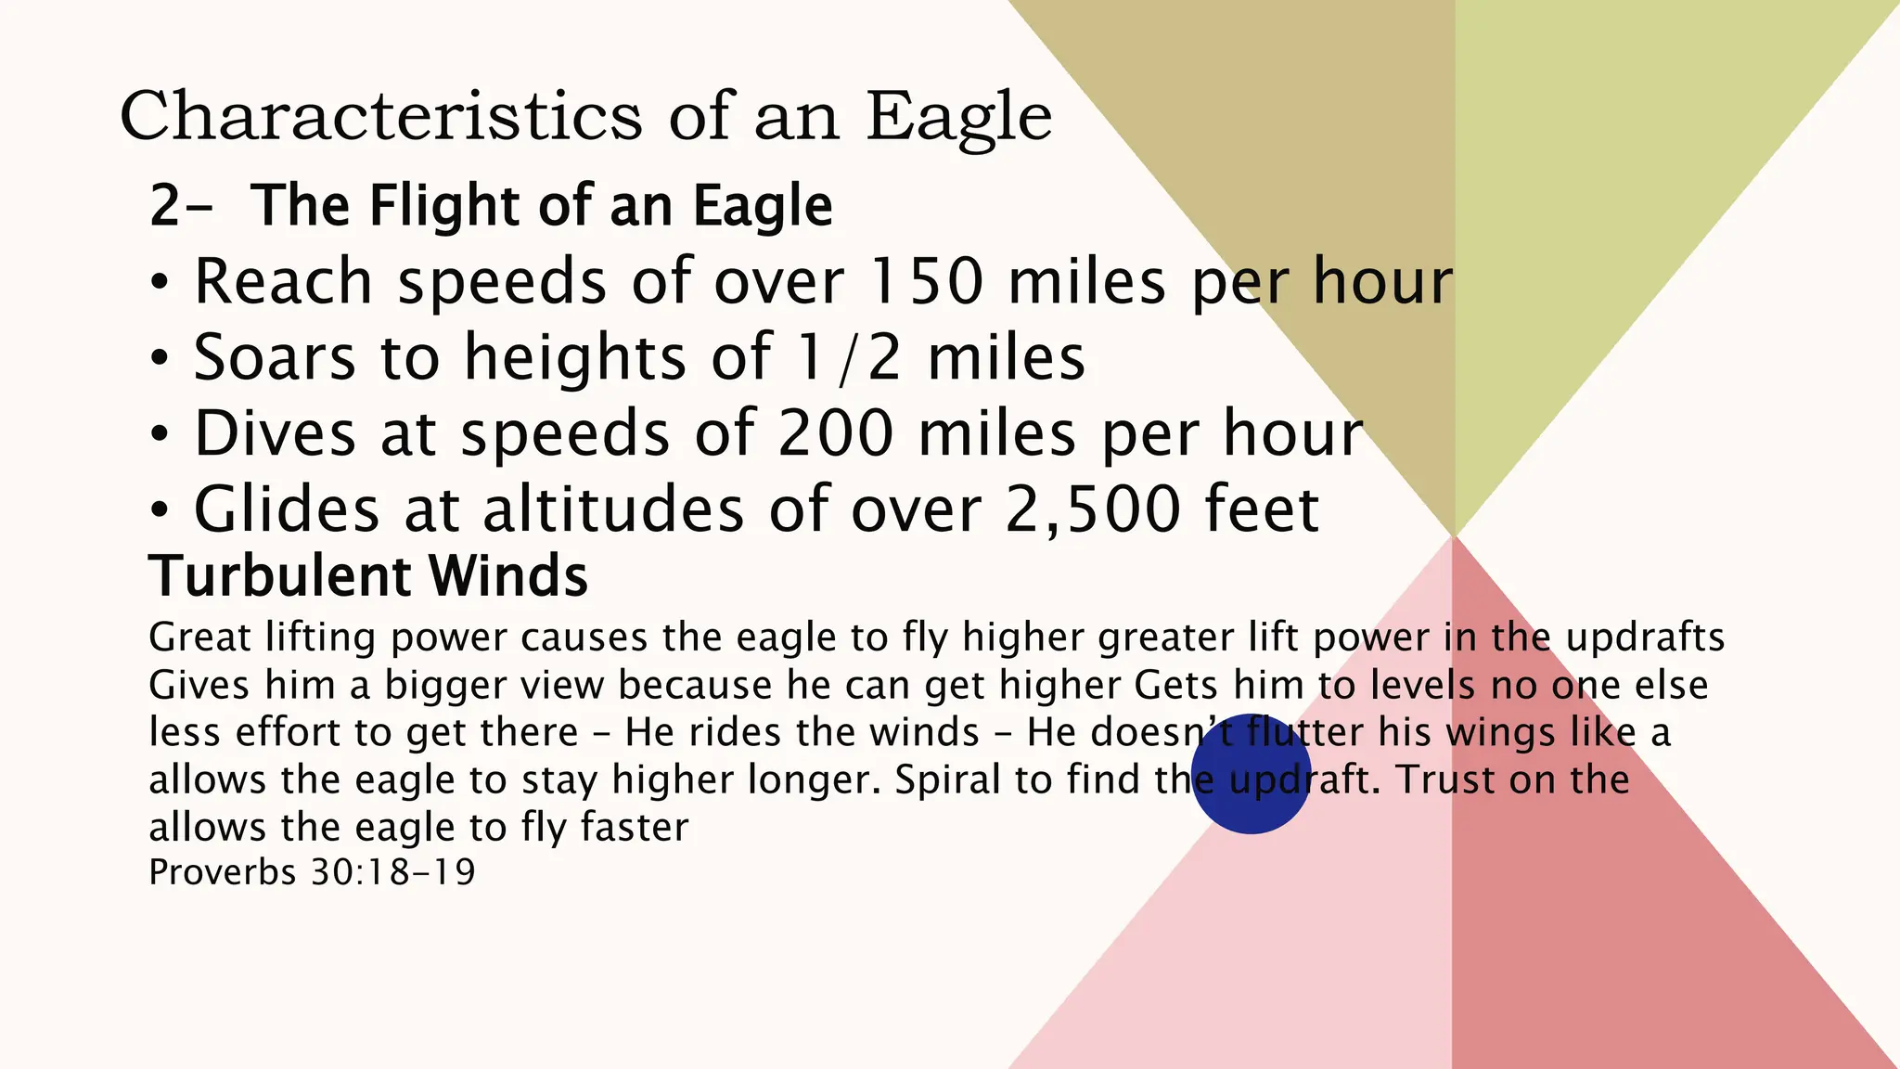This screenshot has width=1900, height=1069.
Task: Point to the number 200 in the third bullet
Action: click(836, 433)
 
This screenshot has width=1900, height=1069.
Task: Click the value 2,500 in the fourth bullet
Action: click(1093, 509)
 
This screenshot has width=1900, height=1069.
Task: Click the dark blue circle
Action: click(1251, 774)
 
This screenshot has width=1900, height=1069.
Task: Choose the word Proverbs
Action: click(222, 872)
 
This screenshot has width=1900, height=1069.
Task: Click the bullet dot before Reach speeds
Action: click(160, 282)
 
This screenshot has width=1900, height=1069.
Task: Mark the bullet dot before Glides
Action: click(160, 510)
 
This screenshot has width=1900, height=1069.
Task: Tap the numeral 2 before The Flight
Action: click(164, 205)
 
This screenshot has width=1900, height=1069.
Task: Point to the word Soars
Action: click(274, 357)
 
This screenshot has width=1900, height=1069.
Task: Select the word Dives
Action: click(275, 433)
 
